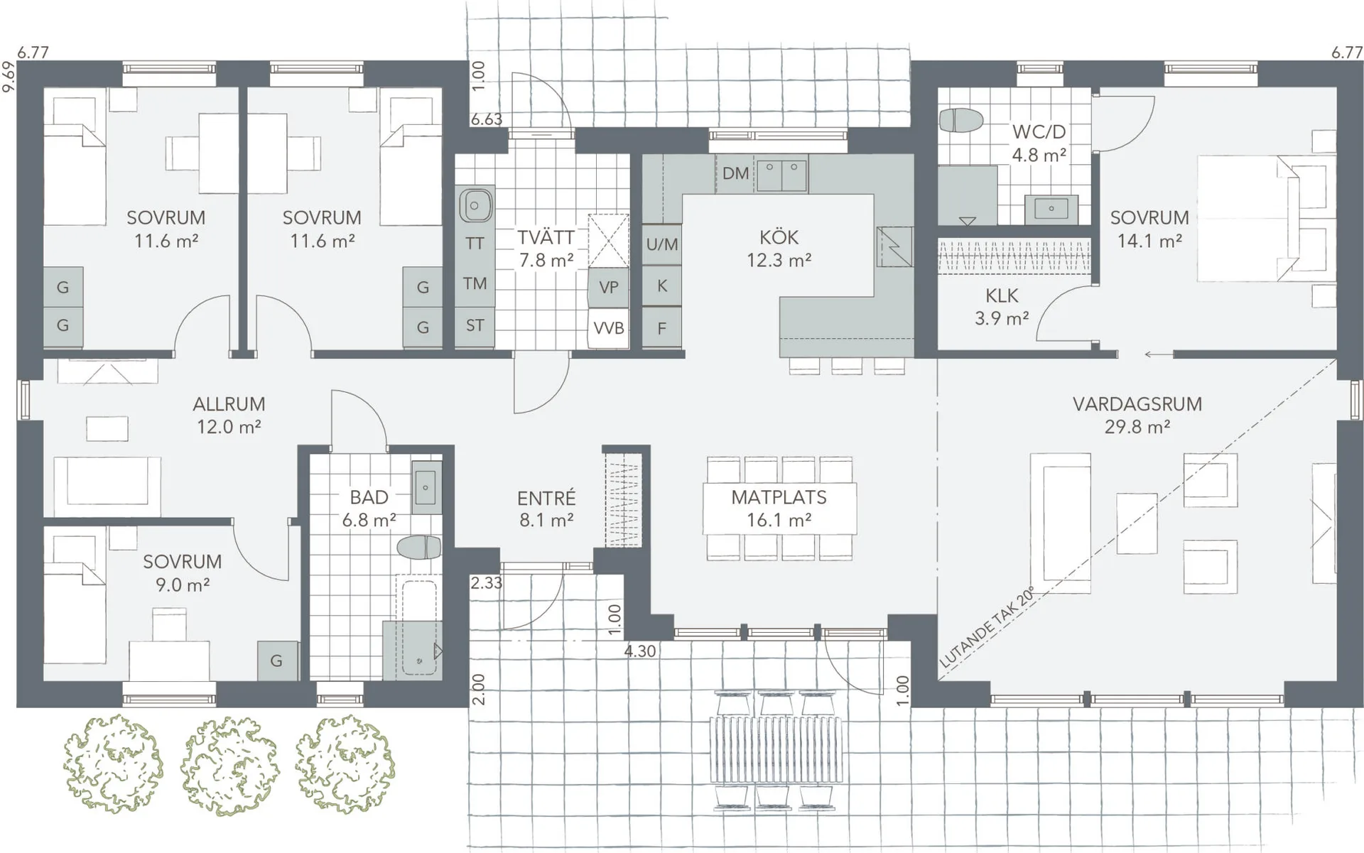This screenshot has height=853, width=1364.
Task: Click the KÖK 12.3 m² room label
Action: (x=779, y=249)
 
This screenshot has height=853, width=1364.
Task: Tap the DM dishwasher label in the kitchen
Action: (x=735, y=173)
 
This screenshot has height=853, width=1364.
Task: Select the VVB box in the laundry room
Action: (x=609, y=328)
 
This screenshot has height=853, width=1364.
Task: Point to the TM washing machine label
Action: (x=475, y=284)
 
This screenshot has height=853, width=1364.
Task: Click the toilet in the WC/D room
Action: (x=960, y=120)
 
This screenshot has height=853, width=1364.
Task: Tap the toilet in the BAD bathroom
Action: (x=419, y=547)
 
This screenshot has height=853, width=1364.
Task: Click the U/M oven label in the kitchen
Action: (x=661, y=245)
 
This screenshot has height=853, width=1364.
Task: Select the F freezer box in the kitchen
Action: (x=661, y=328)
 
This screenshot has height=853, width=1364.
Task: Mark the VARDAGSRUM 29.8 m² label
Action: (x=1137, y=415)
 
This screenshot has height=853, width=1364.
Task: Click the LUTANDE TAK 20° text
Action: (x=987, y=628)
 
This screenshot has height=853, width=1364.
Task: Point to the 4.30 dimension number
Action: (x=640, y=651)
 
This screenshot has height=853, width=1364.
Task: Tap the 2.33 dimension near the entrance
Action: (x=487, y=583)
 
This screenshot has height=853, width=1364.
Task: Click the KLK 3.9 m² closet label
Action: (x=1002, y=306)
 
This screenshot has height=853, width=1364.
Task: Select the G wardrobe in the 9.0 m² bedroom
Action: (x=276, y=661)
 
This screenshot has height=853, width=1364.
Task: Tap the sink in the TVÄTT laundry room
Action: (x=475, y=206)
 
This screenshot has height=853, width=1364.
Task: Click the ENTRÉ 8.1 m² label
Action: (x=546, y=509)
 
